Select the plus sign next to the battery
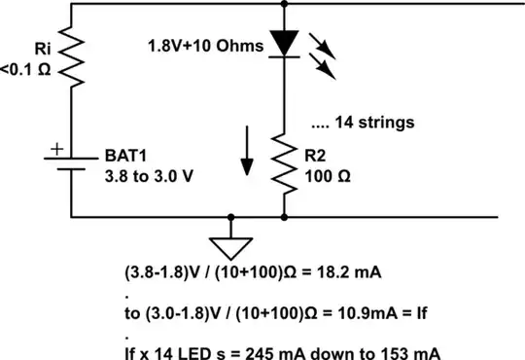click(55, 149)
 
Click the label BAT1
click(124, 155)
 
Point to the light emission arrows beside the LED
click(326, 58)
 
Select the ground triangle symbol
click(230, 244)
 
